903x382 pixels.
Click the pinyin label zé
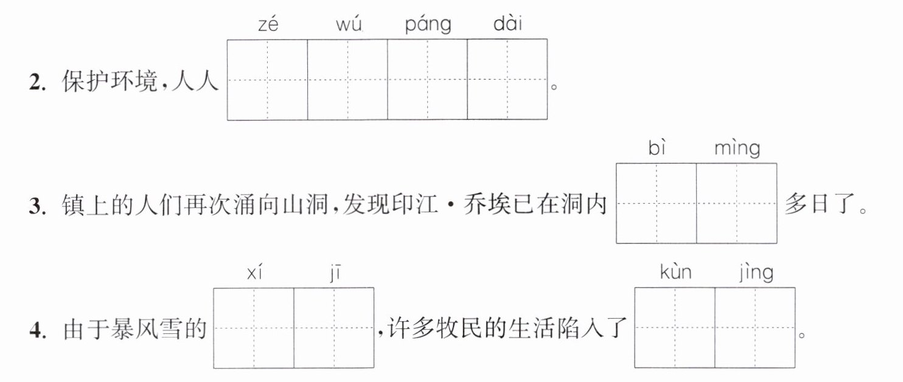(268, 24)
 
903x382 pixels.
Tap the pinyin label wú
(349, 24)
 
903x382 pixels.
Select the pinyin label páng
(428, 25)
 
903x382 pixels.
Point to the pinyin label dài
(507, 23)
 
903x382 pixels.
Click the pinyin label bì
(657, 147)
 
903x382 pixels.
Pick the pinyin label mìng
(737, 148)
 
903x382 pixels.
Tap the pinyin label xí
(254, 272)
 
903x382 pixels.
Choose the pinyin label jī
(335, 273)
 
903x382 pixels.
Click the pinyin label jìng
(756, 273)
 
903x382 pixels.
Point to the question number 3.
(37, 206)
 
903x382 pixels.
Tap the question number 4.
(38, 331)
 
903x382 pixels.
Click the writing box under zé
(267, 80)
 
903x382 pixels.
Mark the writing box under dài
(507, 80)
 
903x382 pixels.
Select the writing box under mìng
(737, 204)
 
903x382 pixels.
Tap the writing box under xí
(254, 328)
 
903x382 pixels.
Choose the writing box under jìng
(756, 328)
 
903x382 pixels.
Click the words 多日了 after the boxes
(820, 204)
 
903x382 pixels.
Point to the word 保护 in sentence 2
(85, 81)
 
